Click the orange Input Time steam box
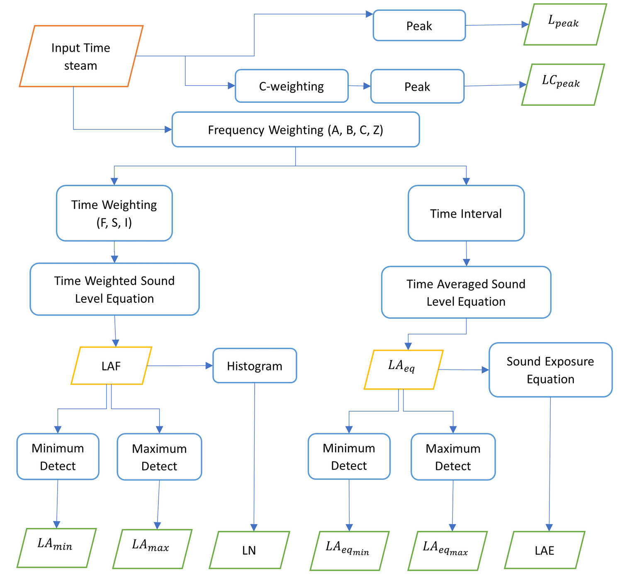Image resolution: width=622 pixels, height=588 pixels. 81,56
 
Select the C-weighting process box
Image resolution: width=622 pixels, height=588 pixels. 292,86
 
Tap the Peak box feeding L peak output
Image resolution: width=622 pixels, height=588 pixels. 419,26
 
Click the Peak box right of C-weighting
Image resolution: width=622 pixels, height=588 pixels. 417,86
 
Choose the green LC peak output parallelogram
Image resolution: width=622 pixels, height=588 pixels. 562,85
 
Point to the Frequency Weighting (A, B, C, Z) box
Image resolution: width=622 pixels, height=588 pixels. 296,130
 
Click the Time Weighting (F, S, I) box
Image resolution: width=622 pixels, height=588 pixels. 114,213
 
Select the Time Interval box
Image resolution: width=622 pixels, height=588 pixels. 466,213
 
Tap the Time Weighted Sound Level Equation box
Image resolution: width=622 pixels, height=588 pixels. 114,289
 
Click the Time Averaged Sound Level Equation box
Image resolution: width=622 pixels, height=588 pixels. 466,292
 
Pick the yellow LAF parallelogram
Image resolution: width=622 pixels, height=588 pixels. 111,366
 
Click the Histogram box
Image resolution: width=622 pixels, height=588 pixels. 255,366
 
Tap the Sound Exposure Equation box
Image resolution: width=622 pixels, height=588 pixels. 550,370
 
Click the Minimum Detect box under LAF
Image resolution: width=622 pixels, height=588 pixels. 58,457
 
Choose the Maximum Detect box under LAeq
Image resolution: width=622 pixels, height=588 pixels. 453,457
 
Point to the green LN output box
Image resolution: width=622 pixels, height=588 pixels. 249,550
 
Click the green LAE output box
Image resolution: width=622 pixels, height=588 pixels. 544,550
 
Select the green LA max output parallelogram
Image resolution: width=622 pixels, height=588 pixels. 152,549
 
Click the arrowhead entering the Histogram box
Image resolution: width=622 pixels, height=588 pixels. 209,366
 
